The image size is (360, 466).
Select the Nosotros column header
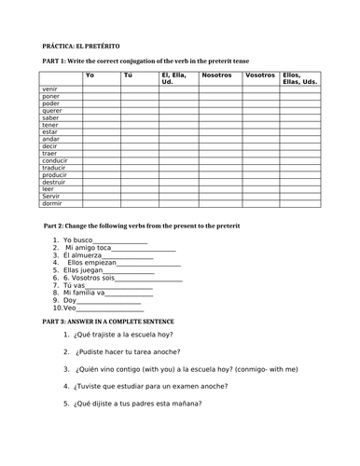(x=215, y=74)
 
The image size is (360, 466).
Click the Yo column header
(x=90, y=74)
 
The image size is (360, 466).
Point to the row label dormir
(x=52, y=202)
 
